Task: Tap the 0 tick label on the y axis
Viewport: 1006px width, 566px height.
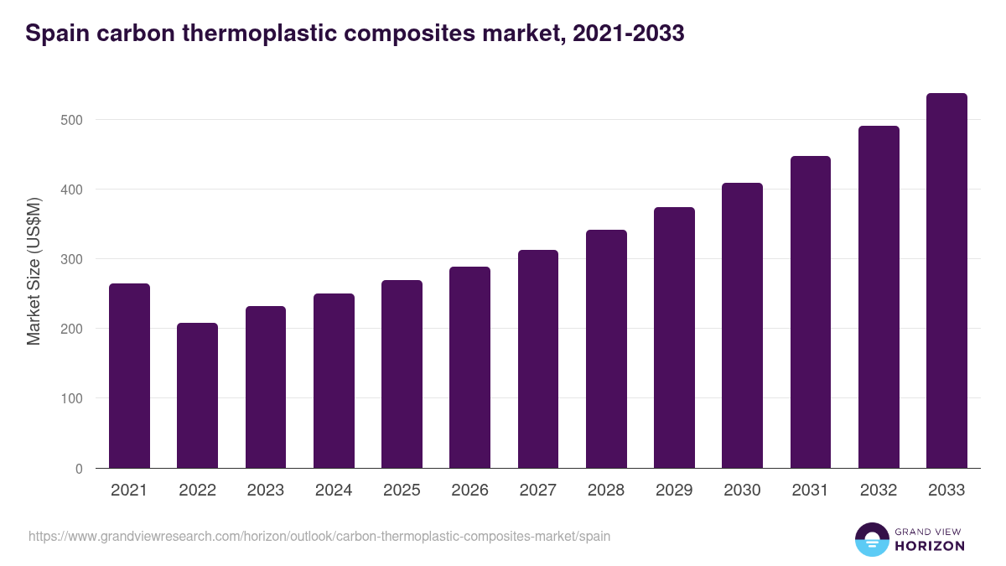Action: (79, 469)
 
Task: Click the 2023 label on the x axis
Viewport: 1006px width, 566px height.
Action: (266, 491)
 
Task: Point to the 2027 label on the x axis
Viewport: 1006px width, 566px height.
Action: (537, 491)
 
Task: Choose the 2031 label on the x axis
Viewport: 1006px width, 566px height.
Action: (810, 491)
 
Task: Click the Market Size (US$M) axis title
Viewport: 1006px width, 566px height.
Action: (34, 272)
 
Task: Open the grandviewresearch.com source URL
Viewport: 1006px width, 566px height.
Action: (319, 536)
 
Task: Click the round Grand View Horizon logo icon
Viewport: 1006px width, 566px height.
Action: (871, 540)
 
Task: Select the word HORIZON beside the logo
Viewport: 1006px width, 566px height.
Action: (929, 546)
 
